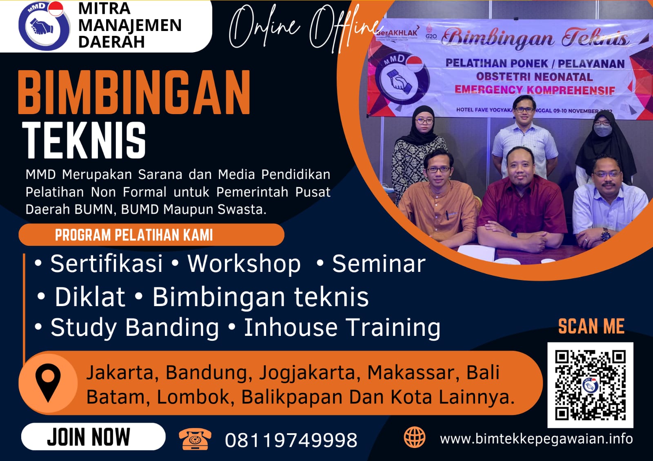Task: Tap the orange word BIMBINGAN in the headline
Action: [x=134, y=93]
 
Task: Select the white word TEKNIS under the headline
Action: [x=84, y=140]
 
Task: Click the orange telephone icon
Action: [x=195, y=439]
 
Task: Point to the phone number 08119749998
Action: [x=291, y=440]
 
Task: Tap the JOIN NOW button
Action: [x=93, y=437]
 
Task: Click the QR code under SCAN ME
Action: [x=590, y=385]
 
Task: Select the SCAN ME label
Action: [x=591, y=326]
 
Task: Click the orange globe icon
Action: [x=414, y=437]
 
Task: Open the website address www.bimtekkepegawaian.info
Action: [x=536, y=439]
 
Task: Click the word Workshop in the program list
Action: [x=244, y=264]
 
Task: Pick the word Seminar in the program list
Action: [x=379, y=264]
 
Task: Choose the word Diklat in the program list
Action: [x=90, y=296]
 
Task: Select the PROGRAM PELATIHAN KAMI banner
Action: [x=151, y=235]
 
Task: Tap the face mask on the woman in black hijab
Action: [x=603, y=131]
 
